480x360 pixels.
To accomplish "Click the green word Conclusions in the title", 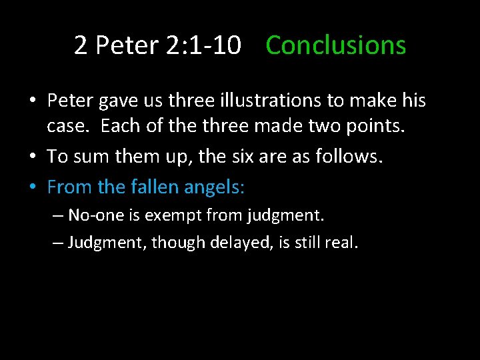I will point(335,46).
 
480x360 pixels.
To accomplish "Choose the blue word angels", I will point(215,187).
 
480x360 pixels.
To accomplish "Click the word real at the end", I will point(342,242).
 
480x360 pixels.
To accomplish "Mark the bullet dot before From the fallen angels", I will point(32,188).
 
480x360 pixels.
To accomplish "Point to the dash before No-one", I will point(58,216).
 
